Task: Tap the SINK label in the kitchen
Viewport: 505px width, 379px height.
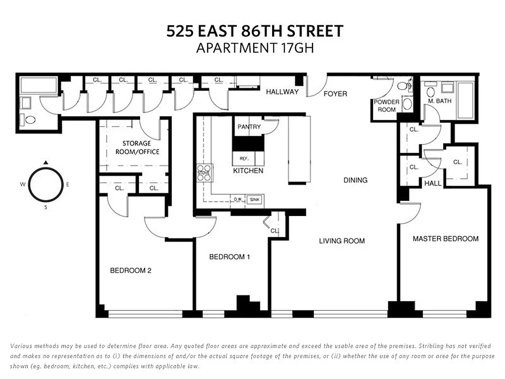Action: click(x=255, y=200)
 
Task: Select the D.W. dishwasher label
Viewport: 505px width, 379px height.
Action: click(x=238, y=200)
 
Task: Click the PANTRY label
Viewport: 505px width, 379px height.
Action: click(x=249, y=126)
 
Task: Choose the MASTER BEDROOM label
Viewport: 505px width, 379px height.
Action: click(x=445, y=239)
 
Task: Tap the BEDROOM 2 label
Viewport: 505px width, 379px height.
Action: click(x=131, y=271)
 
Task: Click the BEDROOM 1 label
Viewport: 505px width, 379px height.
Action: click(x=230, y=257)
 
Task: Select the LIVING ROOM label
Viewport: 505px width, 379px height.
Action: click(x=342, y=241)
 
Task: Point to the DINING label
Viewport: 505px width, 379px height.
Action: click(x=355, y=180)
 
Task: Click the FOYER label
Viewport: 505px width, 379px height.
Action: click(x=335, y=94)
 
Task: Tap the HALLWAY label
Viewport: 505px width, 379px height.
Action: click(x=282, y=91)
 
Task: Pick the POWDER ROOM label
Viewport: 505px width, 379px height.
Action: click(x=386, y=106)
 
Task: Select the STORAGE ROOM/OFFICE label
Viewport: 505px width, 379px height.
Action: click(x=137, y=147)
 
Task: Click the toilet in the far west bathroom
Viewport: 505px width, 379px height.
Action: click(x=30, y=119)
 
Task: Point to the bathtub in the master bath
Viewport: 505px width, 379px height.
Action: click(x=466, y=100)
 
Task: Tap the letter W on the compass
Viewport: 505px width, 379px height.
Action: click(x=22, y=185)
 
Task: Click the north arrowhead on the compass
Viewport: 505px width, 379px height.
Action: click(x=45, y=162)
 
